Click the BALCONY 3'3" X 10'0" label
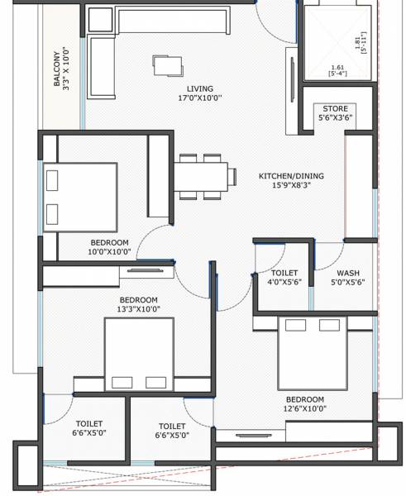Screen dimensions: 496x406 [63, 73]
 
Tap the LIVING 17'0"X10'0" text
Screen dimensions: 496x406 [199, 93]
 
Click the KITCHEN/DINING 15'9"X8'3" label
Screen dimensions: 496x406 [291, 181]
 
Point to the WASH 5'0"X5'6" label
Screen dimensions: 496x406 [347, 278]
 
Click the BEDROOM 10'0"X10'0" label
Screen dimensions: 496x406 [109, 246]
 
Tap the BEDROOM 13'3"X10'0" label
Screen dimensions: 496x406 [138, 304]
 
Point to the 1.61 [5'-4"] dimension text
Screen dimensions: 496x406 [338, 72]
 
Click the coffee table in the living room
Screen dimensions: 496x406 [166, 64]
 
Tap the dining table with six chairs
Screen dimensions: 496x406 [201, 176]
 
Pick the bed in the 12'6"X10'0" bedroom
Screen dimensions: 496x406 [312, 354]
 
